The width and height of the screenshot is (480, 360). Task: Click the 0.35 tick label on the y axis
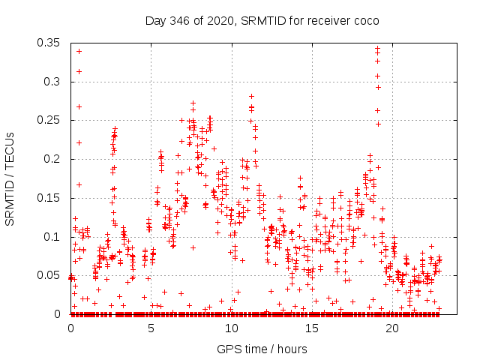(50, 42)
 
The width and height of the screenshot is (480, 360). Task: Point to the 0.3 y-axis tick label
(53, 81)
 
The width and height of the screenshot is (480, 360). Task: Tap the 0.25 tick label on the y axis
(50, 120)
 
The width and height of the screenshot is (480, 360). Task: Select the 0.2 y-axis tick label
(53, 159)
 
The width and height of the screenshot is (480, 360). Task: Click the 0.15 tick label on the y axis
(50, 198)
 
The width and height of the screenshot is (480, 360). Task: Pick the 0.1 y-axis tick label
(53, 237)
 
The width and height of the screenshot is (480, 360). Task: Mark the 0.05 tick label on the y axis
(50, 275)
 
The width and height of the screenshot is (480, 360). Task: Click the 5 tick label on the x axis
(151, 329)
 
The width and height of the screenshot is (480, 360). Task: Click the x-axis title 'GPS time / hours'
(256, 349)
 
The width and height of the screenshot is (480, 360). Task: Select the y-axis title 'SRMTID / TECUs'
(10, 178)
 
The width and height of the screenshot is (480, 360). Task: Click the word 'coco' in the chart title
(364, 20)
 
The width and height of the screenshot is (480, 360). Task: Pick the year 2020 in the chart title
(227, 20)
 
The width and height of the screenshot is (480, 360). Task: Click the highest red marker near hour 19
(377, 49)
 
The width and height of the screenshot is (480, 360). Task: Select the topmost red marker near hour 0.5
(79, 51)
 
